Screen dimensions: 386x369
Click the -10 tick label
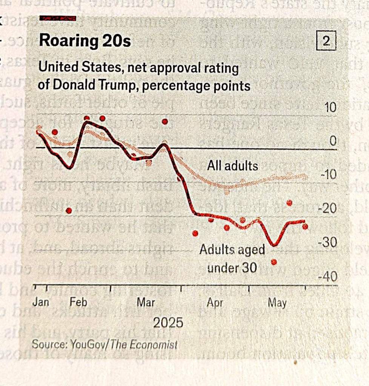327,175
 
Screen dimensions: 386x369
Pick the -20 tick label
327,209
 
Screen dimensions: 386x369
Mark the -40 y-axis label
327,277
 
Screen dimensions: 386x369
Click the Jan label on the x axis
40,302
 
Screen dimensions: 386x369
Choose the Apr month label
215,303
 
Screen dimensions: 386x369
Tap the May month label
277,303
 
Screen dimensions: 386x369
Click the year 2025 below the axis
168,323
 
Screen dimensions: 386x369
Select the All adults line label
232,166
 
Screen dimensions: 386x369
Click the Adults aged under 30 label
232,259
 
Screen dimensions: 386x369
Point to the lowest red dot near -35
274,262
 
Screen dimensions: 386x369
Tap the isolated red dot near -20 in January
69,211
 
